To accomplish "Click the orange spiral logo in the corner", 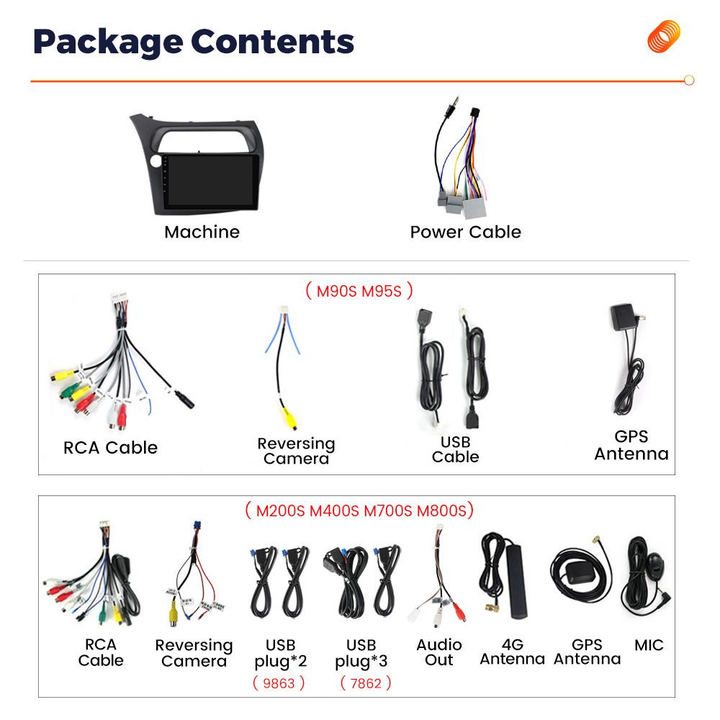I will [x=663, y=37].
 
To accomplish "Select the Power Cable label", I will [x=465, y=232].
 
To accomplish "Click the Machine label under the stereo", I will [x=202, y=232].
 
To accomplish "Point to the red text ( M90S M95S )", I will [x=359, y=291].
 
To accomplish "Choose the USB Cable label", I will [x=455, y=449].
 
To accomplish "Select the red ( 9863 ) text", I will [x=279, y=683].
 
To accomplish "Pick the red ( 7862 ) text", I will [x=365, y=683].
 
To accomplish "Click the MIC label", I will [x=649, y=645].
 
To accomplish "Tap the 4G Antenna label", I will [x=512, y=652].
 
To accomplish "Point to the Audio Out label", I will [x=439, y=652].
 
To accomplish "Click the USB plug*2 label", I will [x=281, y=652].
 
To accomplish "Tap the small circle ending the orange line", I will [x=689, y=81].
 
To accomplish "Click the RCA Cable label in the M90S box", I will [x=110, y=448].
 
